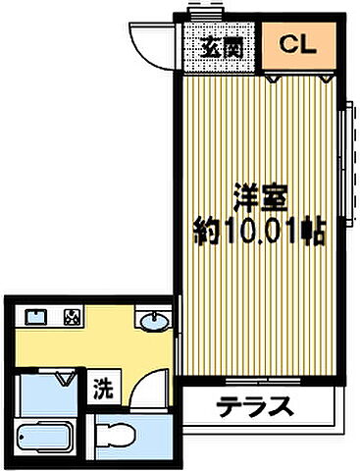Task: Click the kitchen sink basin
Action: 36,317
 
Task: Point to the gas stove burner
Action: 73,317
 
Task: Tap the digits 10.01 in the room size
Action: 261,235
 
